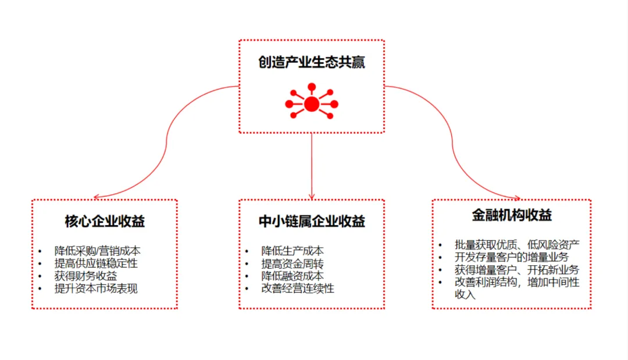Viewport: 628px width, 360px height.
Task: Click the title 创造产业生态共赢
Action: (312, 62)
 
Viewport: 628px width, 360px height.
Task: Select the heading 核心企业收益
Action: (105, 222)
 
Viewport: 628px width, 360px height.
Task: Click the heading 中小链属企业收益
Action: (312, 222)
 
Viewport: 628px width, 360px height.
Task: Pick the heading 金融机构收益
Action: (512, 215)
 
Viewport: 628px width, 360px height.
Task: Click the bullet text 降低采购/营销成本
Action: (98, 251)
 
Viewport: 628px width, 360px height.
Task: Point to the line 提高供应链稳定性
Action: (97, 263)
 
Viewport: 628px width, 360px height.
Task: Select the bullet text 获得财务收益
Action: (86, 276)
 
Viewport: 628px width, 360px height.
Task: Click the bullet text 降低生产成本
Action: (292, 251)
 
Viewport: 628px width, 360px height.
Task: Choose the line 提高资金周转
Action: (292, 263)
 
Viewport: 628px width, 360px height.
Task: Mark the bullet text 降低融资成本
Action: (292, 276)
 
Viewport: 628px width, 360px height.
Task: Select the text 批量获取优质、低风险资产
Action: (517, 244)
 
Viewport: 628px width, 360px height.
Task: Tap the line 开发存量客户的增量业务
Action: (512, 257)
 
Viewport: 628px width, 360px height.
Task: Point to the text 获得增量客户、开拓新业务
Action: (517, 270)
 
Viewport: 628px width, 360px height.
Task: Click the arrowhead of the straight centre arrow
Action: (312, 196)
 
